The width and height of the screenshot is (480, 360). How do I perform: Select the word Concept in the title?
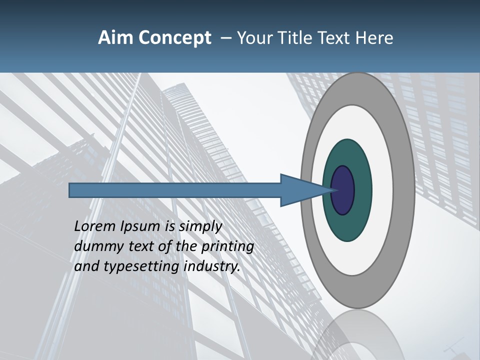pos(175,38)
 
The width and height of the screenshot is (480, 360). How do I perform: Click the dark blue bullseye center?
pos(343,190)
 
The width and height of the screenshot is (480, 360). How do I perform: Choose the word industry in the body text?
pos(212,267)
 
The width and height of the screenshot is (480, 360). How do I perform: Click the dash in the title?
pos(225,38)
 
